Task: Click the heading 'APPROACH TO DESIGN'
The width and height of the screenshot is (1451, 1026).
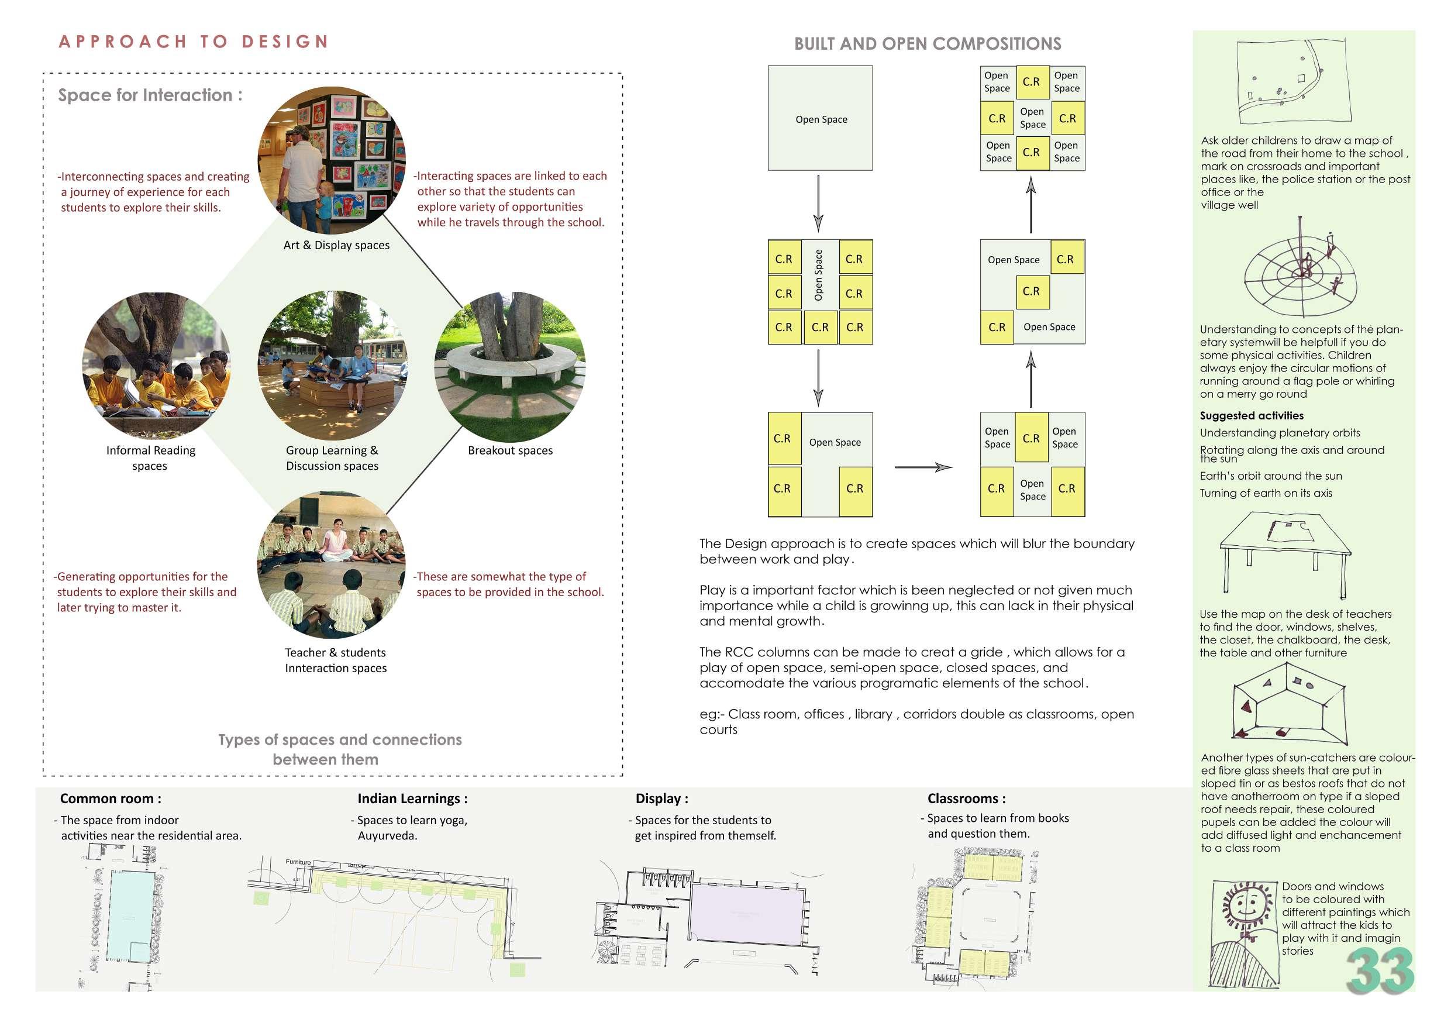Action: [194, 42]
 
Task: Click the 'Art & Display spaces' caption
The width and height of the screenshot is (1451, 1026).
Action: [336, 245]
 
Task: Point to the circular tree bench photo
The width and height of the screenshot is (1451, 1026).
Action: [511, 367]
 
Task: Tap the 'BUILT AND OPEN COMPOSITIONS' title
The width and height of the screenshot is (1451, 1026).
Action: [927, 44]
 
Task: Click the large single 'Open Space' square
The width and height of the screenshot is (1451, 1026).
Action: [821, 118]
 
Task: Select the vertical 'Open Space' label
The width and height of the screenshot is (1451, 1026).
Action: [818, 275]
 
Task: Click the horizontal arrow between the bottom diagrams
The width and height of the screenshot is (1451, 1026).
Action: [923, 467]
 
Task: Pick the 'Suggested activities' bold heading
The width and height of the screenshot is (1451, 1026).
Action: [1252, 415]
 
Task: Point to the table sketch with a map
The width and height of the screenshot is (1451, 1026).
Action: [1283, 550]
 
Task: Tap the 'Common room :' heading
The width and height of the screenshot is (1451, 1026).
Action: [111, 798]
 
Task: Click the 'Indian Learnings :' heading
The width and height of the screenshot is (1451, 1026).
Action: [412, 798]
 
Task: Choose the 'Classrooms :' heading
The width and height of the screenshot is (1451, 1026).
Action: [966, 798]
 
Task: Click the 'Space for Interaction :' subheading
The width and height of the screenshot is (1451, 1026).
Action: [150, 95]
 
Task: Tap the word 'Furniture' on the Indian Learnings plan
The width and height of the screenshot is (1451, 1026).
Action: [298, 862]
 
